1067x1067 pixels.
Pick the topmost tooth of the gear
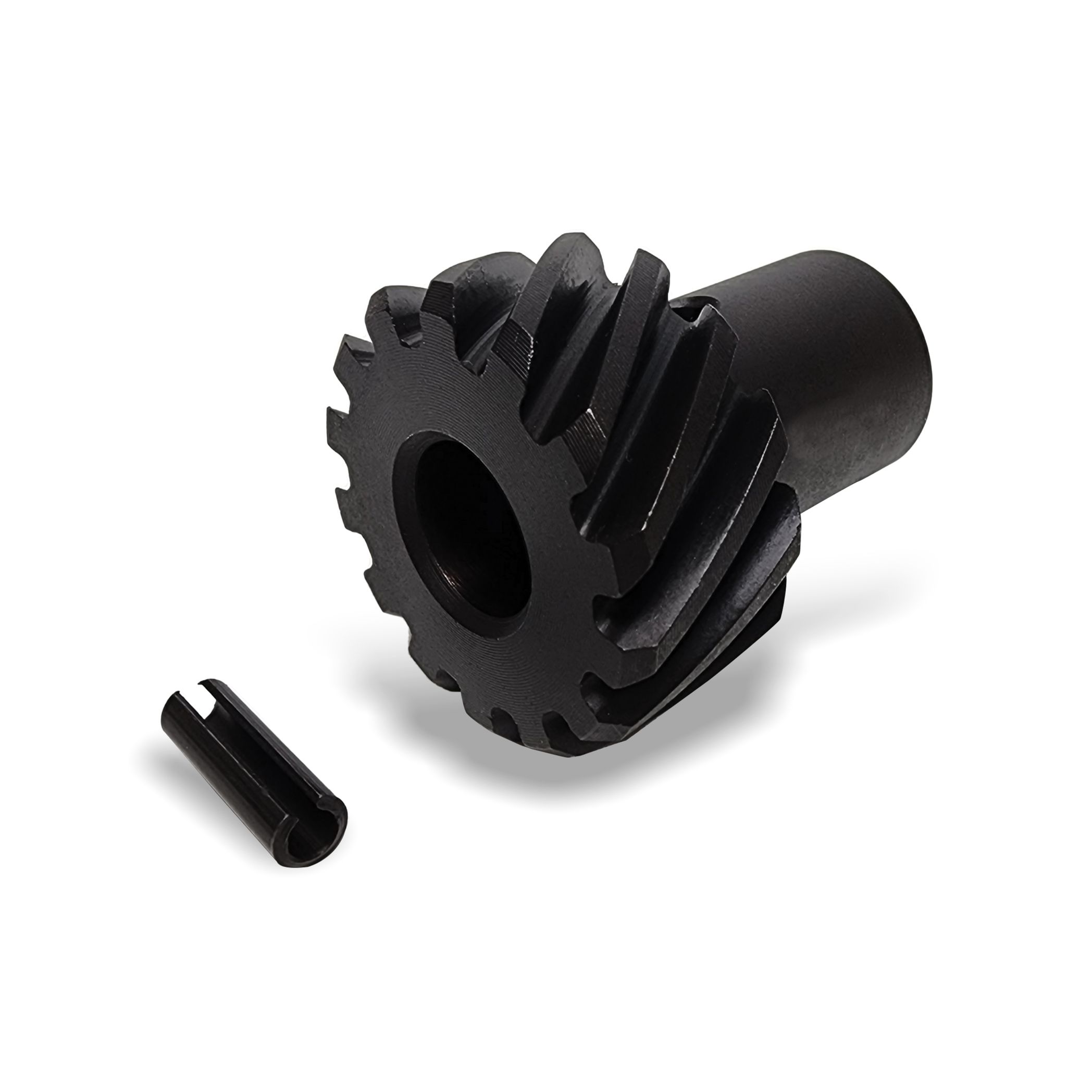[563, 243]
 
